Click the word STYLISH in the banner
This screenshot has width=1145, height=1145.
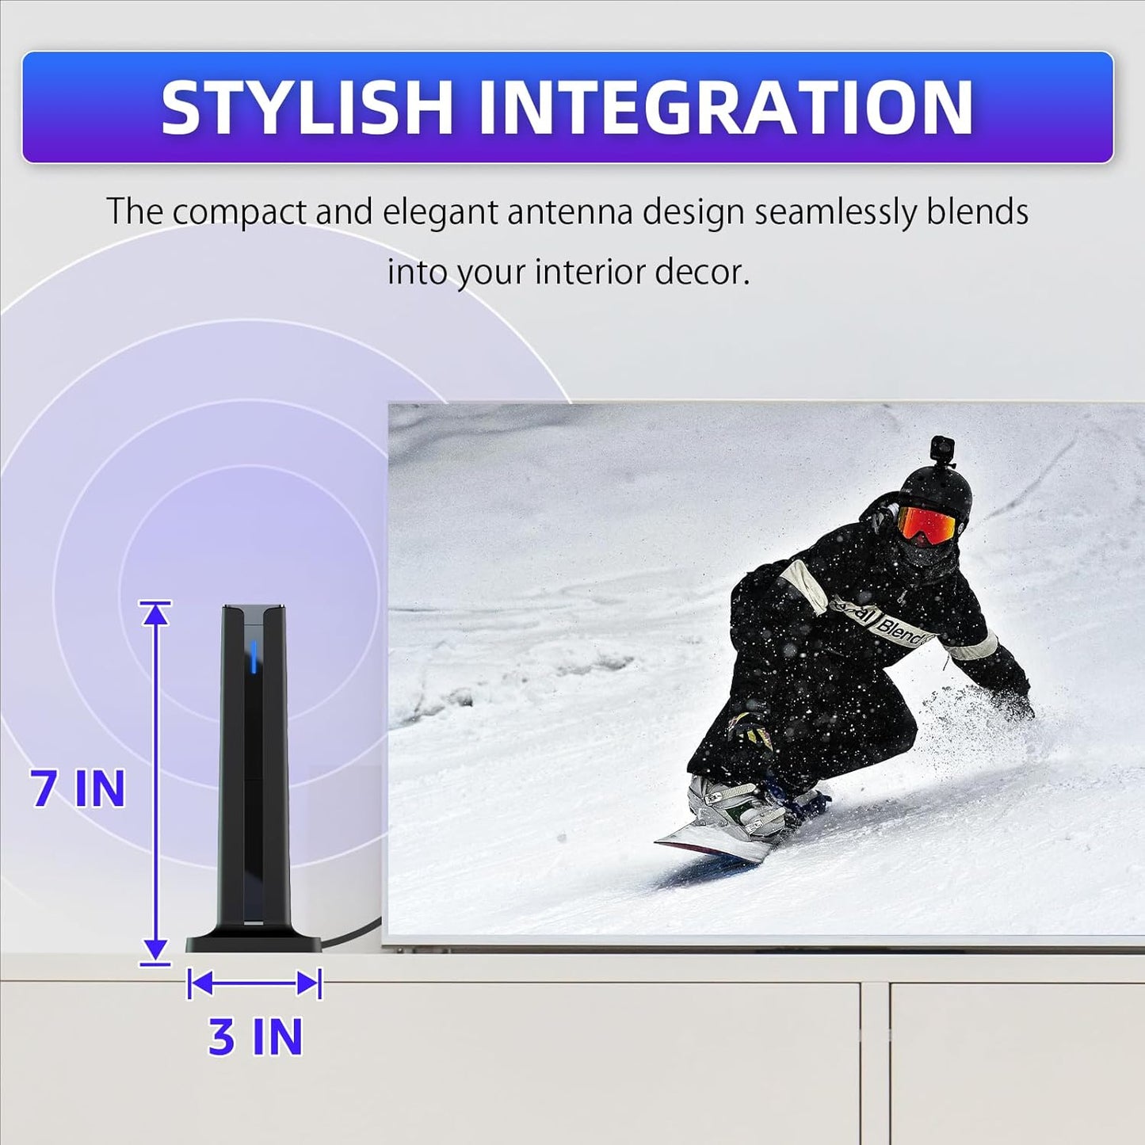[306, 107]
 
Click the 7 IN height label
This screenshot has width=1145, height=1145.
[78, 788]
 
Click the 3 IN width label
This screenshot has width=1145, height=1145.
[255, 1036]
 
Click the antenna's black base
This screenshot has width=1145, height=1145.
[254, 942]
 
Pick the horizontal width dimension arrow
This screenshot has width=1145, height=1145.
[254, 984]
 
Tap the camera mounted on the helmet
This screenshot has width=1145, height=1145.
[941, 449]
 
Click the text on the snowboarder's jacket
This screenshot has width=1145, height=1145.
[891, 626]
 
